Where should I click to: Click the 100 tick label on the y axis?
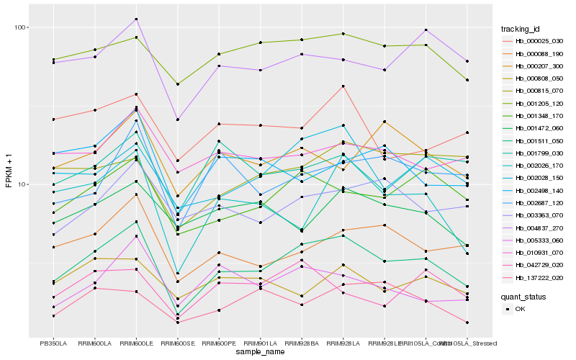[x=19, y=27]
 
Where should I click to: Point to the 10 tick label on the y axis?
[x=22, y=184]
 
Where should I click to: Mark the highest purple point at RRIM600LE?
[x=136, y=19]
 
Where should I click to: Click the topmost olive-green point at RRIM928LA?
[x=343, y=34]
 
